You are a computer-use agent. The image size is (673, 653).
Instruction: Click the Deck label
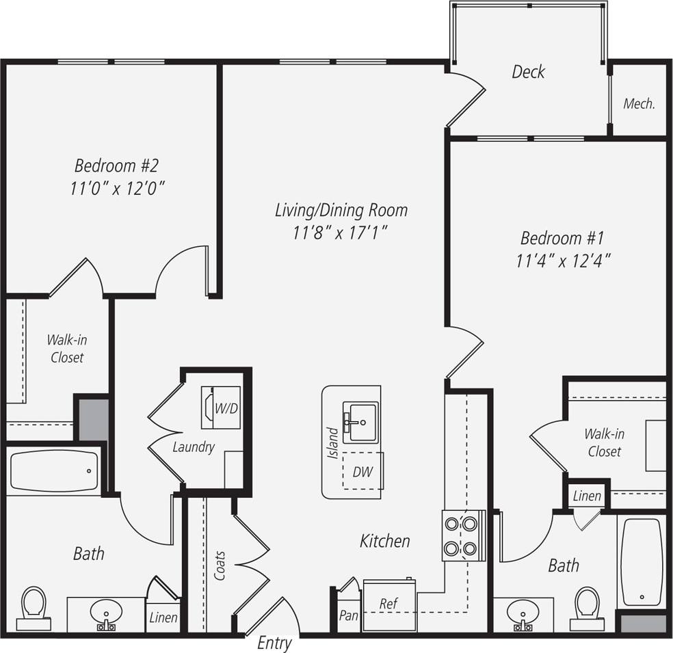[528, 72]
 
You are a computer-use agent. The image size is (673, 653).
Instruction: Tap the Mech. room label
[639, 104]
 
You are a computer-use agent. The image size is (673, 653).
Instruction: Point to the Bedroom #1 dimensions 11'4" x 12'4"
[563, 261]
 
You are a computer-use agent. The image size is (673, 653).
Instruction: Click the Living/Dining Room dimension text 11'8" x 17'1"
[341, 232]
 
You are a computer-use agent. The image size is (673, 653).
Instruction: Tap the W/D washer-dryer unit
[220, 408]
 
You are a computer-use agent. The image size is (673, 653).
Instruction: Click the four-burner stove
[463, 535]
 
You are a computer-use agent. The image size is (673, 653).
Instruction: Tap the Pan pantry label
[348, 615]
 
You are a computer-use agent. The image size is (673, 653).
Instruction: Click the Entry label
[274, 643]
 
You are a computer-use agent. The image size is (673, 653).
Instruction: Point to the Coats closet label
[220, 566]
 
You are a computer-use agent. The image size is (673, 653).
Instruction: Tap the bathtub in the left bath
[55, 471]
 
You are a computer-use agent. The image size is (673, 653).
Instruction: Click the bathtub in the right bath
[642, 561]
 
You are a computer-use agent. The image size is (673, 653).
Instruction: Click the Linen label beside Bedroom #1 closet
[587, 496]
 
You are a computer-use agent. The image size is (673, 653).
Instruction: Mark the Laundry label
[194, 448]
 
